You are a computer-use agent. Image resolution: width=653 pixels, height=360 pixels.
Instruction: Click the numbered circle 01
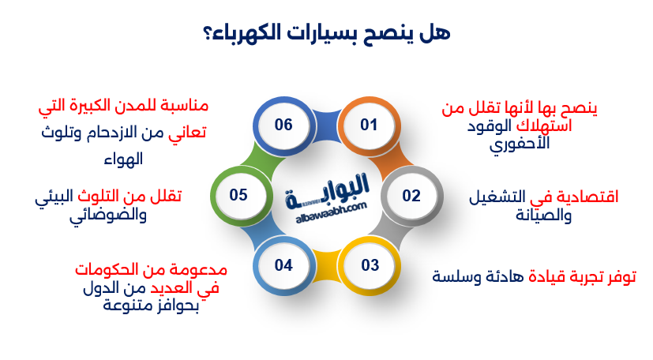tap(369, 125)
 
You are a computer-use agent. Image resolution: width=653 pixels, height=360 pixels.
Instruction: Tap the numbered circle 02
tap(411, 195)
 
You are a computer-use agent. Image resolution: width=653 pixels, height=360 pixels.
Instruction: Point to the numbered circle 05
tap(239, 195)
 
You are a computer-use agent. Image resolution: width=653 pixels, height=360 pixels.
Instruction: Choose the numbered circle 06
tap(283, 125)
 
